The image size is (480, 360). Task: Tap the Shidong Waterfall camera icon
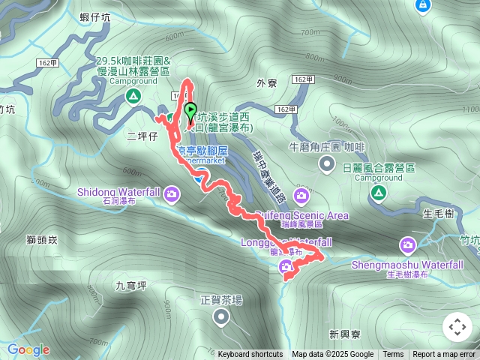(173, 195)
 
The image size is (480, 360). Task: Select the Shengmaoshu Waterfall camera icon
(408, 245)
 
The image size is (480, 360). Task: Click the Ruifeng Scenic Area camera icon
(301, 196)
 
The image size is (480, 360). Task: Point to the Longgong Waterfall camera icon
(286, 267)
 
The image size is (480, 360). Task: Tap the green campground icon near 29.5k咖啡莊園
(133, 96)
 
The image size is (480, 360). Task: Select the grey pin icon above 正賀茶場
(220, 319)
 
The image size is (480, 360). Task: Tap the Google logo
(28, 349)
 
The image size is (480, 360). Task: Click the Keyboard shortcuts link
(250, 355)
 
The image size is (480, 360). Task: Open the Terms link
(393, 355)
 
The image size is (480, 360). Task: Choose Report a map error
(444, 355)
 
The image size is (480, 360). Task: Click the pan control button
(457, 327)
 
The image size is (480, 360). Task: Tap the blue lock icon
(423, 5)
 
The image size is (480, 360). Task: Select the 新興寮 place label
(344, 333)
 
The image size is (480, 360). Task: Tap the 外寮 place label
(266, 83)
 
